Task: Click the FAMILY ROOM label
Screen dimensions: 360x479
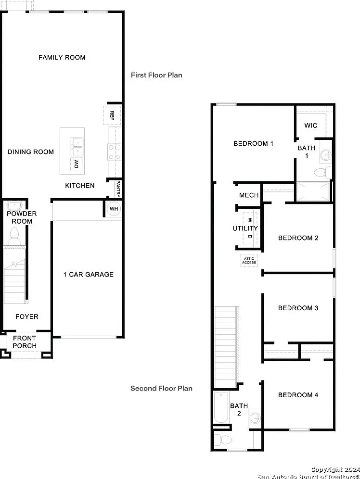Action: point(62,57)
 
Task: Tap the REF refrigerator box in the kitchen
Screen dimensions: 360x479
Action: point(112,115)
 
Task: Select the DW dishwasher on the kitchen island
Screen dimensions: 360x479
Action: point(77,164)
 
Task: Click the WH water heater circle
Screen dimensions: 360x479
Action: point(114,209)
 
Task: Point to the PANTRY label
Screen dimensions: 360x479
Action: point(118,189)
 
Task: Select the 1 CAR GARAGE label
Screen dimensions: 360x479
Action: point(89,275)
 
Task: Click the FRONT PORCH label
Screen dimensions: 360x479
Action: point(25,342)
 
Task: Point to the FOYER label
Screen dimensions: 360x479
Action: point(27,317)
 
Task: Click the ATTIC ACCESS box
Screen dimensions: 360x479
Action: point(249,261)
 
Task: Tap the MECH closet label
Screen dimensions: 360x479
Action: point(249,195)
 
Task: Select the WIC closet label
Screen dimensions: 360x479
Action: point(311,126)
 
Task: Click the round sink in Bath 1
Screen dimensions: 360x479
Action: point(326,154)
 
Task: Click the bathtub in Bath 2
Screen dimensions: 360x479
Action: point(220,407)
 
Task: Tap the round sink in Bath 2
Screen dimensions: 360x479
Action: point(255,417)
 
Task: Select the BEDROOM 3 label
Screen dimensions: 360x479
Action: point(298,308)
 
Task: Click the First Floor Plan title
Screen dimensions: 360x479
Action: point(156,75)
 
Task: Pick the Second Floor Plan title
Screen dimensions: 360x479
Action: point(161,389)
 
